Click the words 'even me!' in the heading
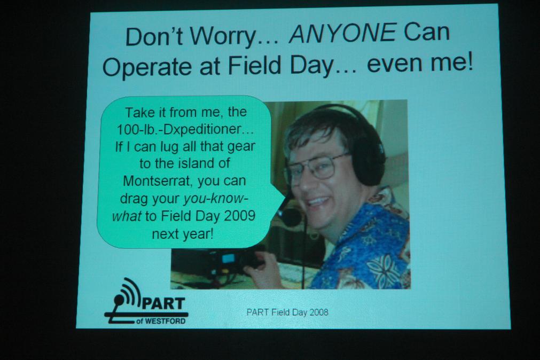pos(420,62)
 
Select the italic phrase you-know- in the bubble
pos(216,199)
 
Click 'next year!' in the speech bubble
pos(183,234)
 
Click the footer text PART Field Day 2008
pos(287,312)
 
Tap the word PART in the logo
pos(163,303)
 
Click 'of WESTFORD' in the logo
pos(160,321)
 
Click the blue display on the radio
pos(228,258)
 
